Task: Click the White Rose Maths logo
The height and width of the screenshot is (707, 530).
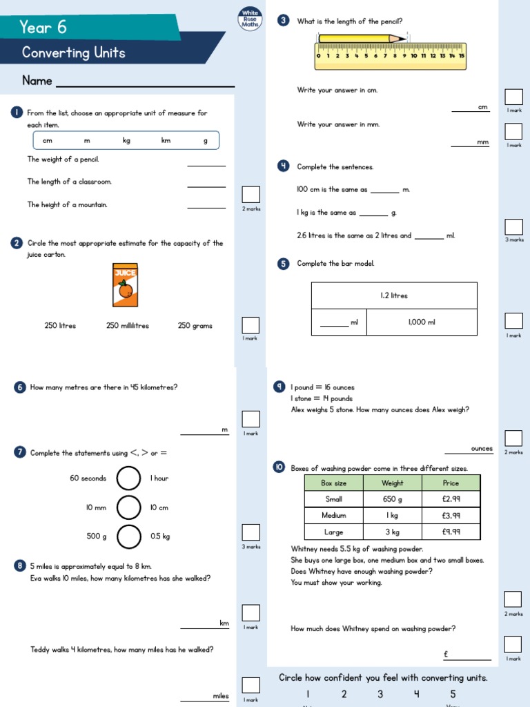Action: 250,19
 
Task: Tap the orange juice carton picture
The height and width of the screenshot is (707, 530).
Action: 126,284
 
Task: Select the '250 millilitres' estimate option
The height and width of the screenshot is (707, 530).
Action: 128,326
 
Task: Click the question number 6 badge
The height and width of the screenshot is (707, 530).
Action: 19,388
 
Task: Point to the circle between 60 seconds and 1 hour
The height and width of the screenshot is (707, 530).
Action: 128,478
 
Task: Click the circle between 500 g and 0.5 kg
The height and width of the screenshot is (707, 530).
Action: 128,536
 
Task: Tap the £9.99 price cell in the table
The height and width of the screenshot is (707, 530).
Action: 451,532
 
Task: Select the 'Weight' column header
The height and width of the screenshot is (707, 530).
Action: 392,483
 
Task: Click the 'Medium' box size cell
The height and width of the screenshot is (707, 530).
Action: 333,516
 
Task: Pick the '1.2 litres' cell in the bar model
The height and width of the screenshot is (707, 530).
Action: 394,296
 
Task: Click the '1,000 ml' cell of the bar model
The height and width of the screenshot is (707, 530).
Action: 422,322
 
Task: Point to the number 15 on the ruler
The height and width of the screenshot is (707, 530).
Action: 461,56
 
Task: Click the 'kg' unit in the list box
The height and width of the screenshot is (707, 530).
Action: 126,141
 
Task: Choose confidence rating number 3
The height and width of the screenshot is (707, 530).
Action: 380,695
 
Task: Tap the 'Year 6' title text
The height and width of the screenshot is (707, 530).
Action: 43,27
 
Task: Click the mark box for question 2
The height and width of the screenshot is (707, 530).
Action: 251,325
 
